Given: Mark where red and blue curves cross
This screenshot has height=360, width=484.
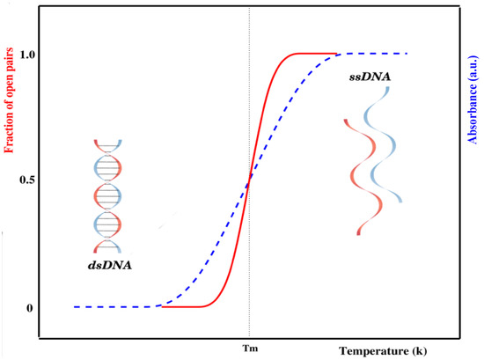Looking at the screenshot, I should [x=249, y=180].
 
